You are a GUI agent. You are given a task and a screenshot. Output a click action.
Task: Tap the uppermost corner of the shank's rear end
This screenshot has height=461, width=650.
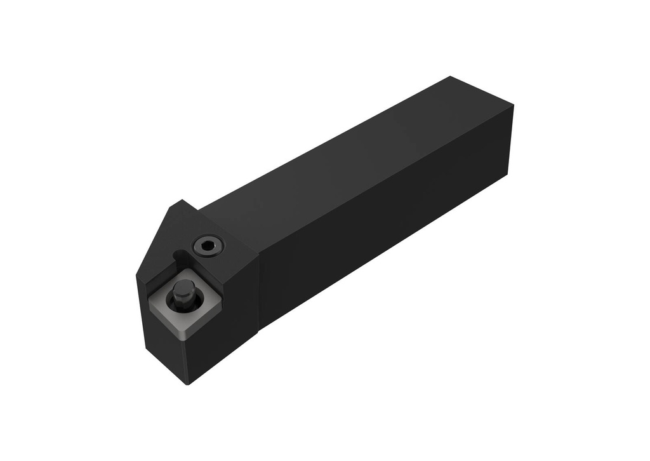click(450, 77)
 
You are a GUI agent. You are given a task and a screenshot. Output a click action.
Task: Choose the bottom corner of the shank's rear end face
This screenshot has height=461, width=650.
click(507, 175)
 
